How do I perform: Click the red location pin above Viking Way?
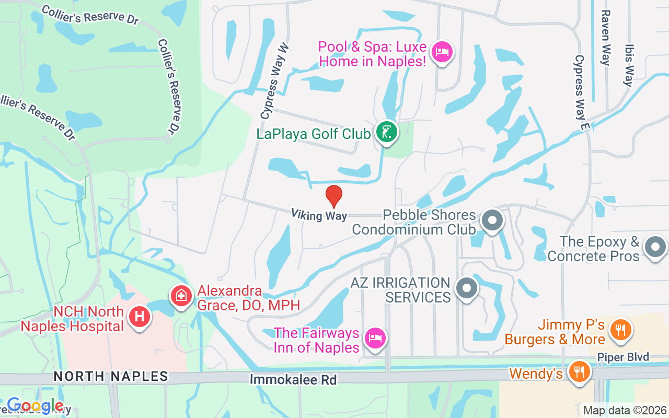[334, 196]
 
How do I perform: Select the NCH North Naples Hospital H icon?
[140, 316]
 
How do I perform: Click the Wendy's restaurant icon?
[579, 371]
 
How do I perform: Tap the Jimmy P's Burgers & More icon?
[620, 330]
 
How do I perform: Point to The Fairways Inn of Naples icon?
[374, 338]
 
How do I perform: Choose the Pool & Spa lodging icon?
[443, 51]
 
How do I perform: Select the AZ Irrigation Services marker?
[466, 288]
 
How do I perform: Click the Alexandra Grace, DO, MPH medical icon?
[181, 296]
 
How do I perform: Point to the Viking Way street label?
[319, 214]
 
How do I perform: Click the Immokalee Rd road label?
[293, 379]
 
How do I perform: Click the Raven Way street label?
[606, 38]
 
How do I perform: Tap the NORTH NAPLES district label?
[111, 376]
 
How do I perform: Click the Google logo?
[35, 405]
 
